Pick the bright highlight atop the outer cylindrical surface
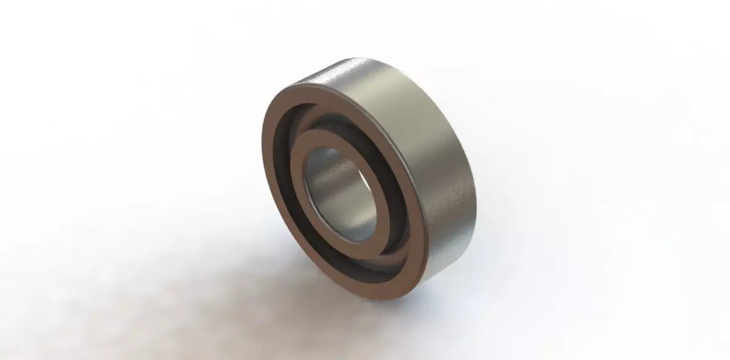[x=359, y=67]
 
